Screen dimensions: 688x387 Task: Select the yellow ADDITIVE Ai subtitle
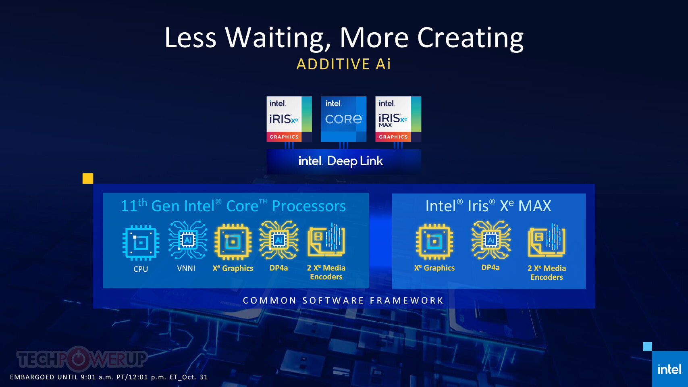click(344, 64)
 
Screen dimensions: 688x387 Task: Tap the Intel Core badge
click(343, 119)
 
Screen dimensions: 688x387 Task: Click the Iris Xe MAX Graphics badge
click(398, 119)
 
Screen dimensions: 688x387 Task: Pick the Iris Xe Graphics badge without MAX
click(289, 119)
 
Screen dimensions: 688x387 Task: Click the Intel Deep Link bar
click(344, 162)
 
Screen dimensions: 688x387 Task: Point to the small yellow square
click(88, 179)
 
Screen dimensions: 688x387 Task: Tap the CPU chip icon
click(141, 243)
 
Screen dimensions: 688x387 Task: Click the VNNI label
click(186, 268)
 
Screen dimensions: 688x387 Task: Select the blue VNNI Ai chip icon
click(188, 240)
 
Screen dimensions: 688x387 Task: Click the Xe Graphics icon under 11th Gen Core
click(233, 242)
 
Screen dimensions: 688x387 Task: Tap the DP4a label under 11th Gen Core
click(279, 268)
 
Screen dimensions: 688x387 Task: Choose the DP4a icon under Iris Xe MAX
click(491, 240)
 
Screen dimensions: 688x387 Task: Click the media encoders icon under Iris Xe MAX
click(547, 240)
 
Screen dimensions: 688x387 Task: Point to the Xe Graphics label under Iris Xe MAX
click(434, 268)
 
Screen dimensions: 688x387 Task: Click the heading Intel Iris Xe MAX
click(488, 206)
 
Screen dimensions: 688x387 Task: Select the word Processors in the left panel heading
click(309, 206)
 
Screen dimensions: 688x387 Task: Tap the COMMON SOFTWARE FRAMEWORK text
click(343, 300)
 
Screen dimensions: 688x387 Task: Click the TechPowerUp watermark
click(82, 359)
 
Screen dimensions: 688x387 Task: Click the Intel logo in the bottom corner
click(670, 369)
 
